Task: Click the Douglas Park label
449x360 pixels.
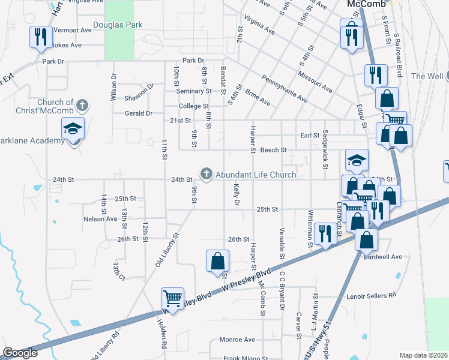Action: [x=118, y=25]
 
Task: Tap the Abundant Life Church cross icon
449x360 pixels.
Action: [x=206, y=174]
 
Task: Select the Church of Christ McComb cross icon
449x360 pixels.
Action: [x=82, y=106]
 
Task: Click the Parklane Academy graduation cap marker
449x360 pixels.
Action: [x=73, y=130]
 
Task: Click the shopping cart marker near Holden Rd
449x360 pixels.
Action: [x=172, y=298]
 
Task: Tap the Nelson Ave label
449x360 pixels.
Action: [x=100, y=219]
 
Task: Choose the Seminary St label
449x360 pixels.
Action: [x=193, y=91]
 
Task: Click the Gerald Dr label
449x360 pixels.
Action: [x=138, y=113]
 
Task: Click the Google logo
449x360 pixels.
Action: [x=20, y=353]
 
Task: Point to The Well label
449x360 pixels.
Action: [x=427, y=77]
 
